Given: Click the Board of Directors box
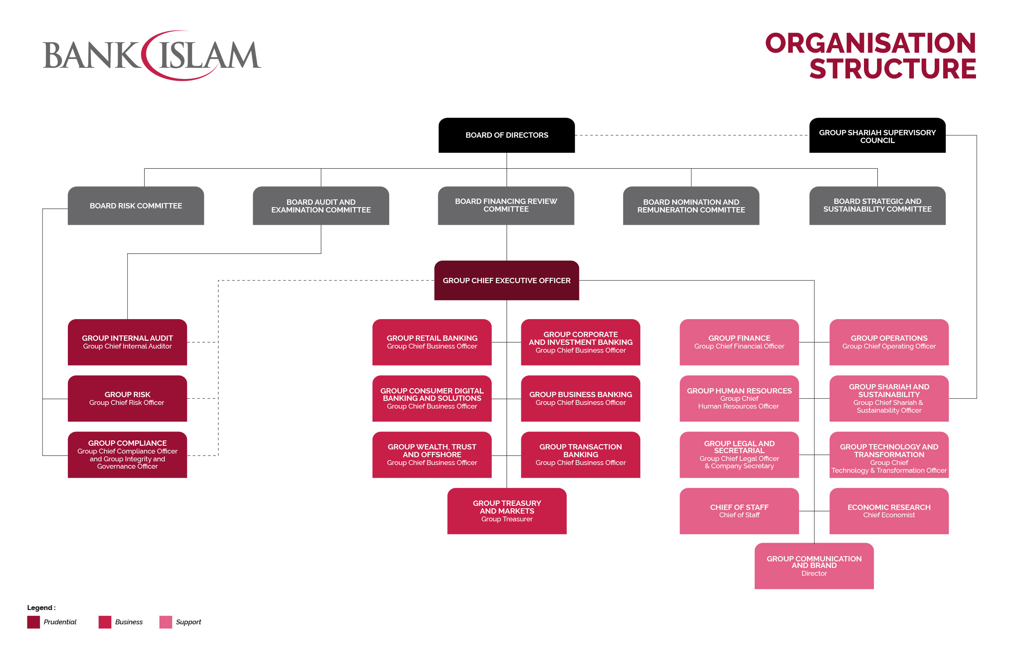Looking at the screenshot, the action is (507, 135).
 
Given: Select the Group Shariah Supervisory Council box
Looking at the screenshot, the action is (877, 135).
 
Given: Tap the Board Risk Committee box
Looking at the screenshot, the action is (136, 206).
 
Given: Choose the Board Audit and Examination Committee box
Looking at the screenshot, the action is (321, 206).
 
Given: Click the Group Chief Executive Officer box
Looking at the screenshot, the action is (507, 280).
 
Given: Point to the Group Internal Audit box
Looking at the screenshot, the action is (127, 342).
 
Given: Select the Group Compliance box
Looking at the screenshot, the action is (127, 454).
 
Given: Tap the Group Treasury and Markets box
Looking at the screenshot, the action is (507, 511).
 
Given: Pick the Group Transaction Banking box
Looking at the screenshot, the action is (580, 454).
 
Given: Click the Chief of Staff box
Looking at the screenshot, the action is (739, 511).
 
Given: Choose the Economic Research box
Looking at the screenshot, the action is (889, 511).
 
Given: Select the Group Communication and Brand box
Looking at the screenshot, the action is (814, 566).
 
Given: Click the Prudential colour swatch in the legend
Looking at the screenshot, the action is (33, 622).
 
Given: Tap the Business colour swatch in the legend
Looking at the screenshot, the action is (105, 622).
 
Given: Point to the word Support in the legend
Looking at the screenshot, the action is (188, 622).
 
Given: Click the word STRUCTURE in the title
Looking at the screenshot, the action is (893, 69).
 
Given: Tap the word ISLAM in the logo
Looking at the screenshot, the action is (209, 55).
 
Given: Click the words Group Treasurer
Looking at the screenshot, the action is (507, 519).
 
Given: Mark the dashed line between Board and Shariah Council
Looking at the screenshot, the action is (692, 135).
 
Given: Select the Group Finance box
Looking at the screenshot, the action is (739, 342).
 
